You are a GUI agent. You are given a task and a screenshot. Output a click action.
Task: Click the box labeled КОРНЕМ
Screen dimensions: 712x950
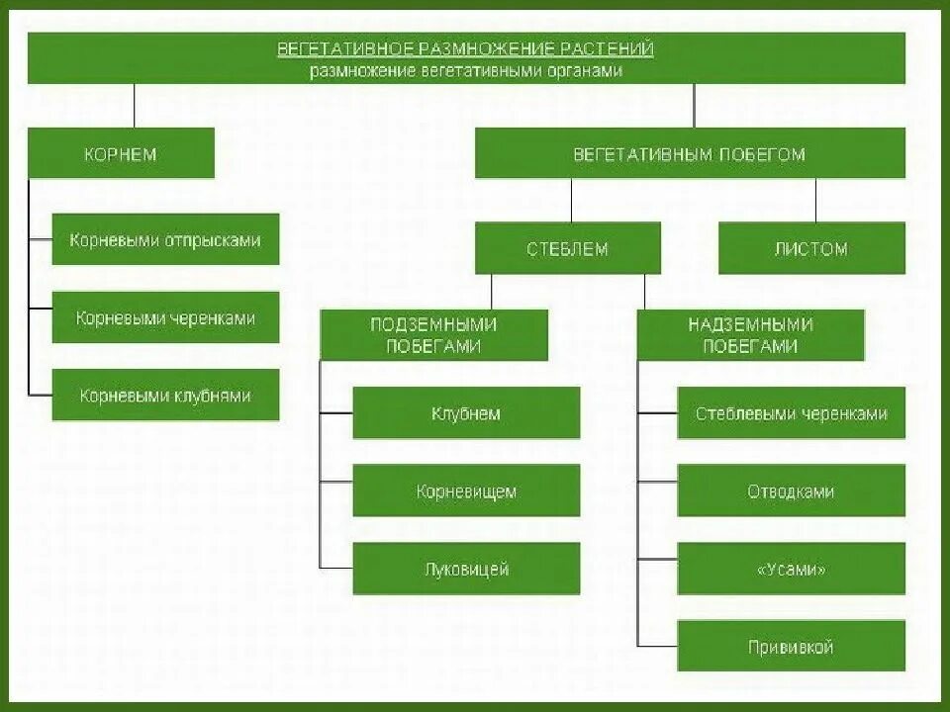tap(121, 154)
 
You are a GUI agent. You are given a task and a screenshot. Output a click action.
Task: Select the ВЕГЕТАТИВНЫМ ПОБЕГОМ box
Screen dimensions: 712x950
tap(690, 154)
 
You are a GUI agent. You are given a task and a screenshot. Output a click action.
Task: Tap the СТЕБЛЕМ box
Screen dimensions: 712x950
tap(567, 248)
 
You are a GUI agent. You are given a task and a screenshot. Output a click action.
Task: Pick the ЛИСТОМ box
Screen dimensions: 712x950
tap(811, 248)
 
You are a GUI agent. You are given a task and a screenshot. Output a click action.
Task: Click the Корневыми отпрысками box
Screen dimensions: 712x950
tap(165, 240)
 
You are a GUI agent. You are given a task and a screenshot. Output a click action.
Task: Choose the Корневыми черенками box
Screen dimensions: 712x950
tap(165, 317)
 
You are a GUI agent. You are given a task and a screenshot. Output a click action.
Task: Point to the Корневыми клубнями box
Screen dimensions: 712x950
tap(165, 396)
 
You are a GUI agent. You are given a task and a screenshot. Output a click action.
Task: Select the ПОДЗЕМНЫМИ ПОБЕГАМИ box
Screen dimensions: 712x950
tap(433, 335)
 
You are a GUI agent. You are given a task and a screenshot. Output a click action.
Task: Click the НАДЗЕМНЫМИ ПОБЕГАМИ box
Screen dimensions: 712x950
tap(750, 335)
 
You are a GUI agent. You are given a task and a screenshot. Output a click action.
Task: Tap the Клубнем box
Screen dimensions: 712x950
tap(466, 413)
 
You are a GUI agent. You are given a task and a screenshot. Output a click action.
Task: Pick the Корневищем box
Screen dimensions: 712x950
tap(466, 491)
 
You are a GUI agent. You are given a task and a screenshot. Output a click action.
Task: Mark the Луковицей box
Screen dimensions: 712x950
tap(466, 570)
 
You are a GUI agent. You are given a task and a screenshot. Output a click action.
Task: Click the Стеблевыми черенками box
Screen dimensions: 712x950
tap(791, 413)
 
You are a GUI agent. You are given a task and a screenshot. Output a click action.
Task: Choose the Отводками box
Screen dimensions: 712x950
tap(791, 491)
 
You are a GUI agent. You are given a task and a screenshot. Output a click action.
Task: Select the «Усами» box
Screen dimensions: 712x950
tap(791, 570)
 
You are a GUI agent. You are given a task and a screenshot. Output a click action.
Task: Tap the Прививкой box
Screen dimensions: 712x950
tap(791, 648)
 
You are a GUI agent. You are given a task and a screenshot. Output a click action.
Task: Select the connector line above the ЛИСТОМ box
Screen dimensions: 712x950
tap(816, 200)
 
